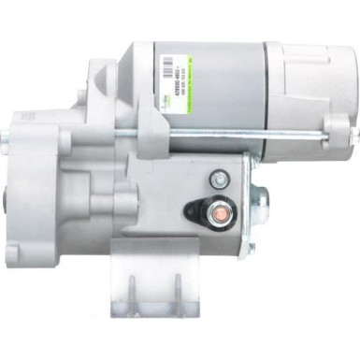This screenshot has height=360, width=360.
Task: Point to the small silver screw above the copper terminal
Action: (x=218, y=178)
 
